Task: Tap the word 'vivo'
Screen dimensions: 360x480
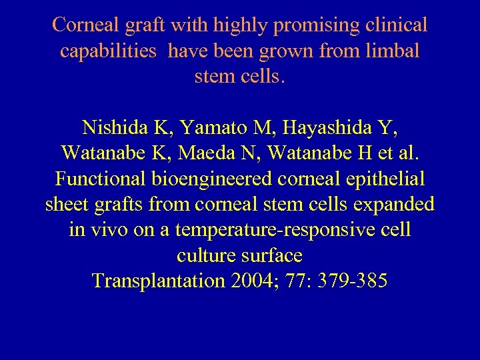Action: tap(110, 230)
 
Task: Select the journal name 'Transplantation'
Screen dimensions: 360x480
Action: tap(159, 281)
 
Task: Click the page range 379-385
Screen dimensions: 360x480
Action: tap(354, 281)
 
